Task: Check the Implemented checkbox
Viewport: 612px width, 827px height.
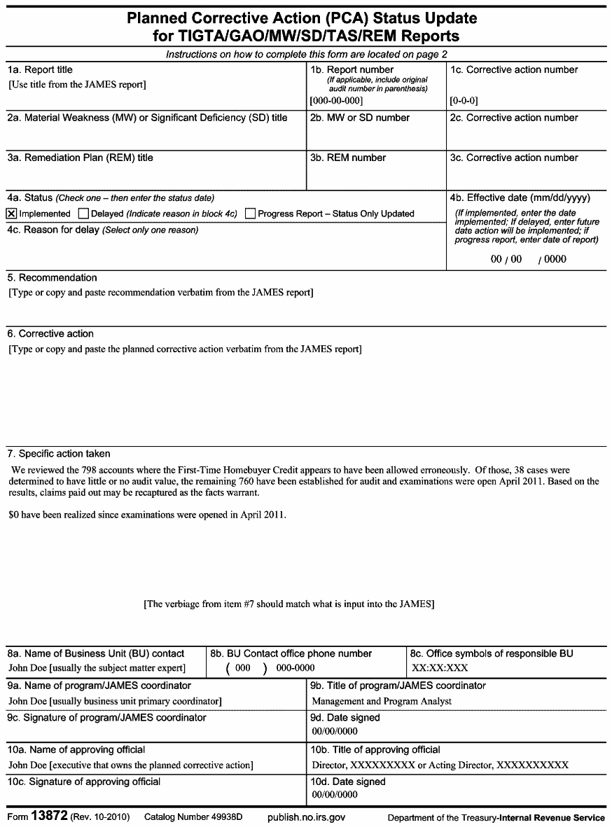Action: click(x=12, y=214)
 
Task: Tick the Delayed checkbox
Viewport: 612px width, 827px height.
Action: click(x=83, y=214)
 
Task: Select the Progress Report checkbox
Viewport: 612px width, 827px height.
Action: click(x=250, y=214)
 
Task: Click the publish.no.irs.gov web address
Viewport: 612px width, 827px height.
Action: click(x=306, y=818)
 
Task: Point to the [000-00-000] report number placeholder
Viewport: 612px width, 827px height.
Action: click(x=336, y=100)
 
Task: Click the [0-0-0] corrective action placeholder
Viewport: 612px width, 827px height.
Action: click(x=464, y=100)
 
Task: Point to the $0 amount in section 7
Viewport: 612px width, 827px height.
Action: click(x=14, y=515)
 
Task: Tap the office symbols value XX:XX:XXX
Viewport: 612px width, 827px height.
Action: click(x=440, y=667)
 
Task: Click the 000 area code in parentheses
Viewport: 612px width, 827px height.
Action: click(x=242, y=668)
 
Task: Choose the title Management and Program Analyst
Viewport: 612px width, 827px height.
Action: click(x=382, y=700)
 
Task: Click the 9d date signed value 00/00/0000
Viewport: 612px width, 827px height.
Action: click(x=335, y=731)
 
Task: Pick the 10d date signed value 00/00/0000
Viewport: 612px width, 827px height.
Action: click(x=335, y=795)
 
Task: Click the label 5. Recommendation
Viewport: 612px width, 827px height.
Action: click(x=53, y=277)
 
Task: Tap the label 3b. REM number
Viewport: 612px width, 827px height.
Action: click(x=348, y=158)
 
